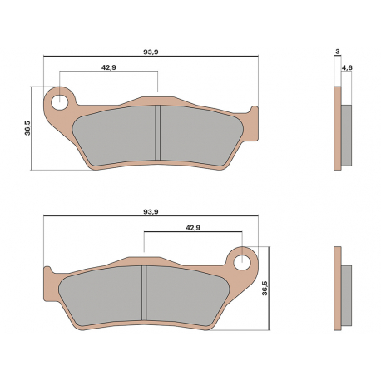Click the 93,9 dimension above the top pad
coord(151,52)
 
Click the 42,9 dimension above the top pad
coord(108,67)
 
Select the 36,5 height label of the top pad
coord(27,128)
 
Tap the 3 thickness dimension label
coord(337,52)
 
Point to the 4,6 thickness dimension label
coord(347,67)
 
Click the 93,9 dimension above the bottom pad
coord(151,212)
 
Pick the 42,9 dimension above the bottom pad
coord(193,228)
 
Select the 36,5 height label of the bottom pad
coord(265,288)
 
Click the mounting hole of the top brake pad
coord(60,102)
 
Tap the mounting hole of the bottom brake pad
coord(242,262)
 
